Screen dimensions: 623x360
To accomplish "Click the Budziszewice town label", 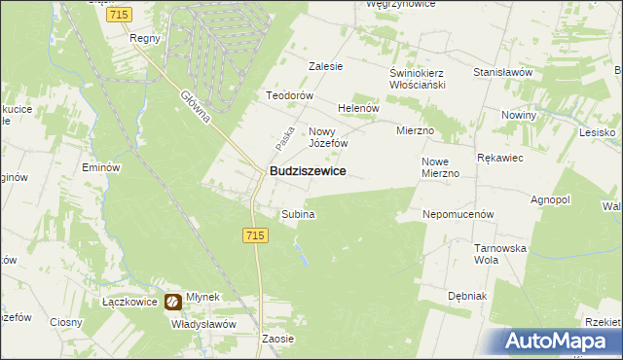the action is coord(307,170).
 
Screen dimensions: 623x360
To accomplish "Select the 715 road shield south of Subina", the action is coord(255,235).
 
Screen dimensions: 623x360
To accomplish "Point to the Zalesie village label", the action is coord(326,66).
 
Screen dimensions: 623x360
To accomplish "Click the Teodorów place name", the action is coord(290,95).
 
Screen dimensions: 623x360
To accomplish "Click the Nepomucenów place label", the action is coord(459,213).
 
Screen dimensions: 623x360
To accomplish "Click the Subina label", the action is coord(298,214).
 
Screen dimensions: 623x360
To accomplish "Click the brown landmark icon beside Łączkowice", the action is coord(172,303).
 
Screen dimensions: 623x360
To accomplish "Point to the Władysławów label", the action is coord(203,324).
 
